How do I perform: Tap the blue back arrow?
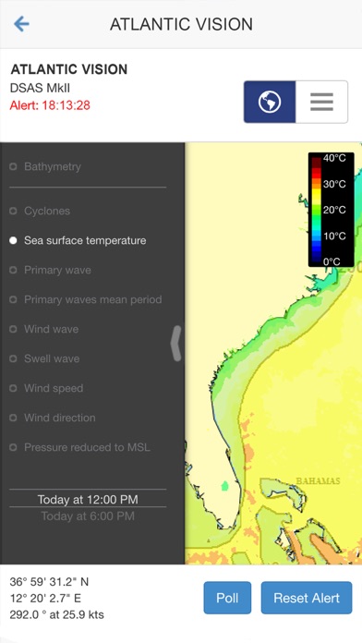[21, 24]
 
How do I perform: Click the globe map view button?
[270, 102]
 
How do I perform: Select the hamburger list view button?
[321, 102]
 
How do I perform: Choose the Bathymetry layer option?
[52, 166]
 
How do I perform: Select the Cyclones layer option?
[46, 211]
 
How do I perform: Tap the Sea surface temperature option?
[84, 240]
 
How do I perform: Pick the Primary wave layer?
[57, 270]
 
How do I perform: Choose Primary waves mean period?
[92, 299]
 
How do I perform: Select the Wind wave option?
[51, 329]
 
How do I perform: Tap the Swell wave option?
[52, 358]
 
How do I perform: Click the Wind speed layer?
[54, 388]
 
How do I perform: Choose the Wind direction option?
[59, 418]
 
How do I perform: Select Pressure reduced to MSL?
[87, 447]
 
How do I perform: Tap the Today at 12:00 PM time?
[88, 500]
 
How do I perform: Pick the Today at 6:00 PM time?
[88, 516]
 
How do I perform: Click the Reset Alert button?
[307, 598]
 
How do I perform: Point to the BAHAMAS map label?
[318, 480]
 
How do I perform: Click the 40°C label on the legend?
[334, 158]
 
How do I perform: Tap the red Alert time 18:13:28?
[50, 105]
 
